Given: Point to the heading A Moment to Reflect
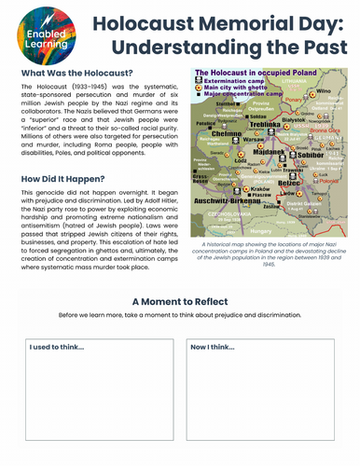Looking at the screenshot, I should (x=179, y=302).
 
